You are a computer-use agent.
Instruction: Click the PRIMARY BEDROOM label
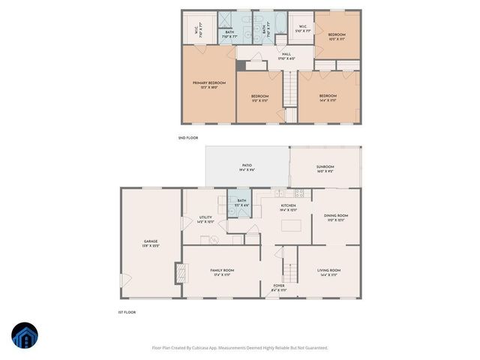[209, 82]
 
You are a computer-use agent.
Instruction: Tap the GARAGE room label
[150, 241]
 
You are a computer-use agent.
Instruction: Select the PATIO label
[247, 165]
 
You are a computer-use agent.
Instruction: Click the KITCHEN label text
[288, 205]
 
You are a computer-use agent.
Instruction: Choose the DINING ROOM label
[336, 216]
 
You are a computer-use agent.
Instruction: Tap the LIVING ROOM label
[330, 270]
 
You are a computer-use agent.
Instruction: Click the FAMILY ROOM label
[222, 270]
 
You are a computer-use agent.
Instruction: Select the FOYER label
[278, 285]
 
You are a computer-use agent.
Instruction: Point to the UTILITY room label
[205, 217]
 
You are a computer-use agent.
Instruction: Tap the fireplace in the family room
[179, 273]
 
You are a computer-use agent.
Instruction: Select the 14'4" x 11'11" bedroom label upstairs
[327, 96]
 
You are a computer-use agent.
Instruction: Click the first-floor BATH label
[241, 200]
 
